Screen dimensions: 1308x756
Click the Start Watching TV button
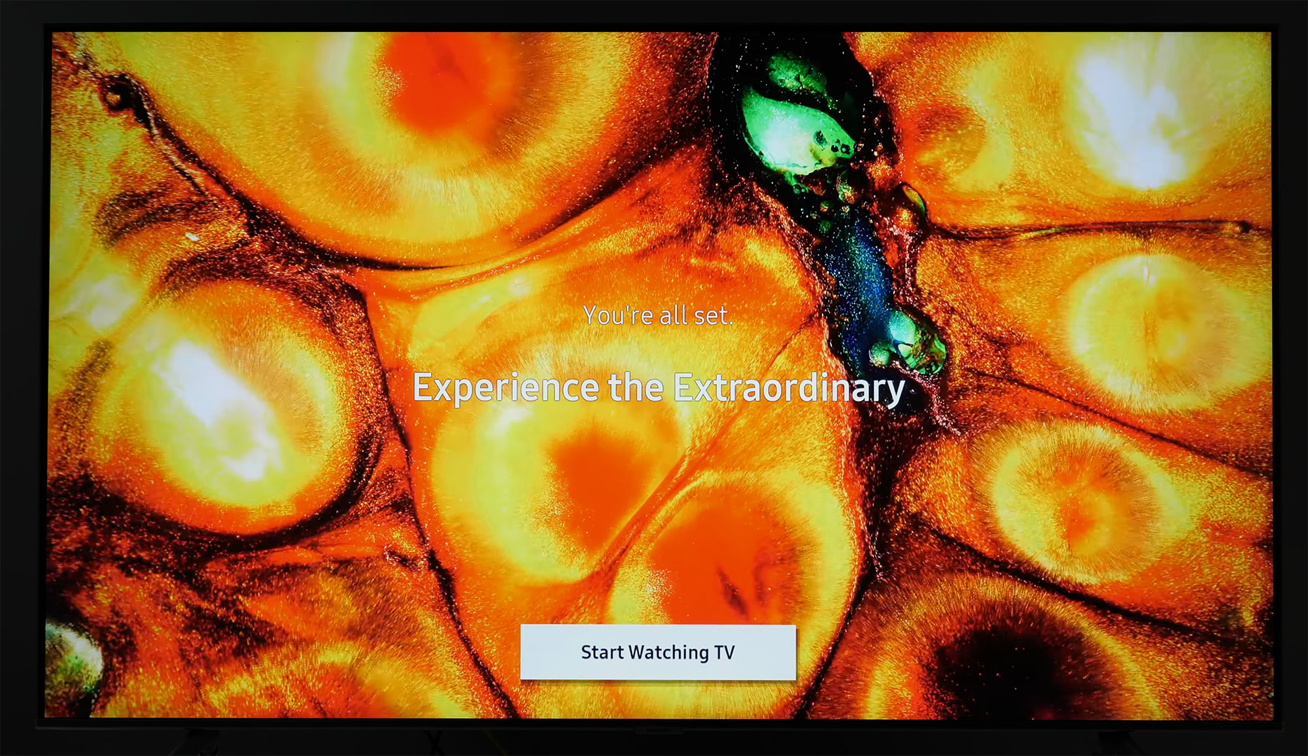[658, 652]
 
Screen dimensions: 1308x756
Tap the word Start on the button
[602, 652]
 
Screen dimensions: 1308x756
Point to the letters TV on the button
[725, 652]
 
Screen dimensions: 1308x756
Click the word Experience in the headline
[506, 388]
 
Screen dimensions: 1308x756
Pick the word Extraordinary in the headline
[789, 388]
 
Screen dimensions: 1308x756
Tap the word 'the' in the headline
[636, 387]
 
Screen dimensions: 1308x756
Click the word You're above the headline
[618, 316]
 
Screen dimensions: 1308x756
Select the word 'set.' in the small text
[714, 316]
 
